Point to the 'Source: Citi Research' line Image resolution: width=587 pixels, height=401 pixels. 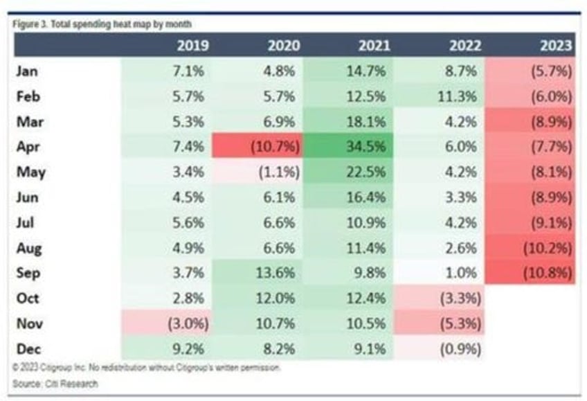coord(55,383)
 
